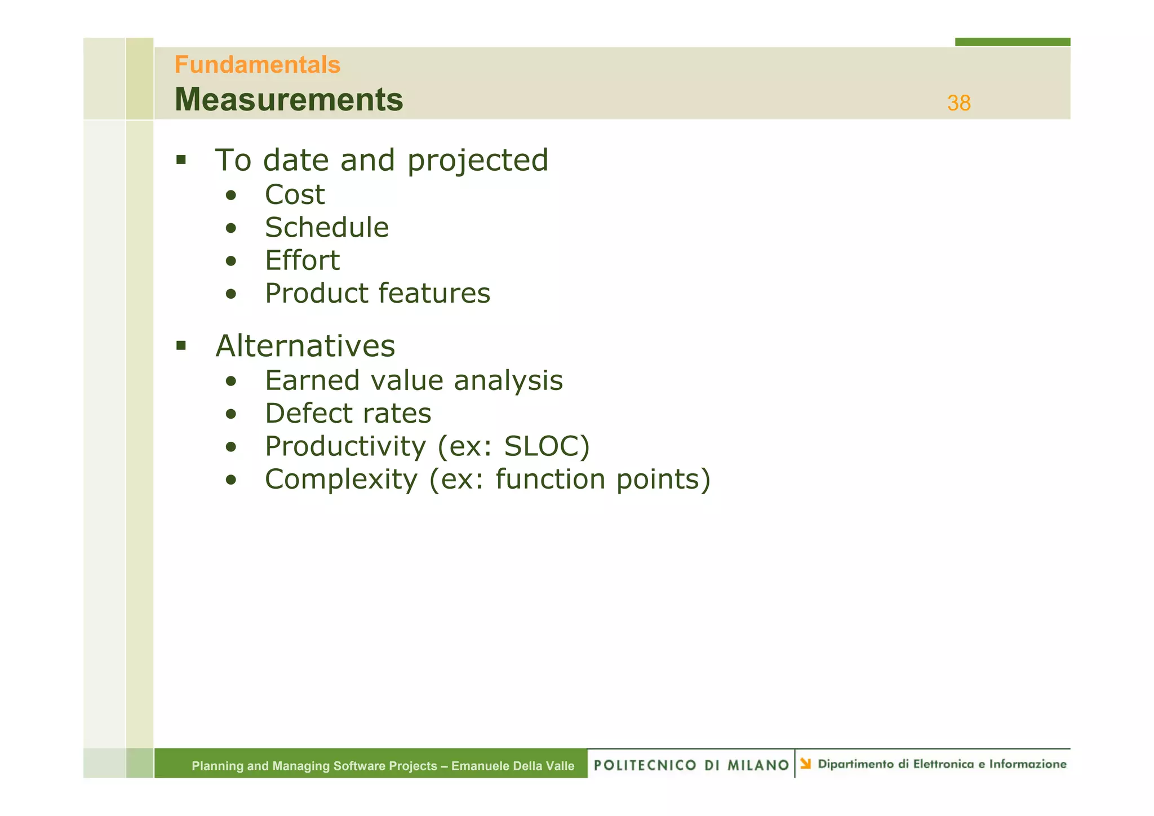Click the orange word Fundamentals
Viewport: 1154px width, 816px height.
pos(258,65)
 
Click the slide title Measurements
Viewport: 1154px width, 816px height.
pos(289,100)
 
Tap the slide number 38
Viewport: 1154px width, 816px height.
pos(958,103)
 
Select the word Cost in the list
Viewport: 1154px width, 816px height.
pos(295,195)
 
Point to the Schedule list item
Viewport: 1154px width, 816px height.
pos(327,228)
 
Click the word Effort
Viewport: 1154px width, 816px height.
pos(303,261)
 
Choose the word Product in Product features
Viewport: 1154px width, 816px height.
pos(316,294)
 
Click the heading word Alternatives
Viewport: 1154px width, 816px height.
pos(305,346)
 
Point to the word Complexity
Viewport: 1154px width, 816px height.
pos(341,480)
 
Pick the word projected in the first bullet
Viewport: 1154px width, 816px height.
pos(478,161)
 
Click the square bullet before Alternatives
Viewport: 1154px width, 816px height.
pos(181,345)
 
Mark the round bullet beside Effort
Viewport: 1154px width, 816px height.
pos(230,261)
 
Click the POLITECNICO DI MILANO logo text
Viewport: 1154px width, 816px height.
pos(691,765)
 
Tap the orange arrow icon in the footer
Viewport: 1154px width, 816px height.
pos(806,764)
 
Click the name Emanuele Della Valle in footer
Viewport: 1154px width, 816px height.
pos(513,766)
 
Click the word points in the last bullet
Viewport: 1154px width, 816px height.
pos(657,480)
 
